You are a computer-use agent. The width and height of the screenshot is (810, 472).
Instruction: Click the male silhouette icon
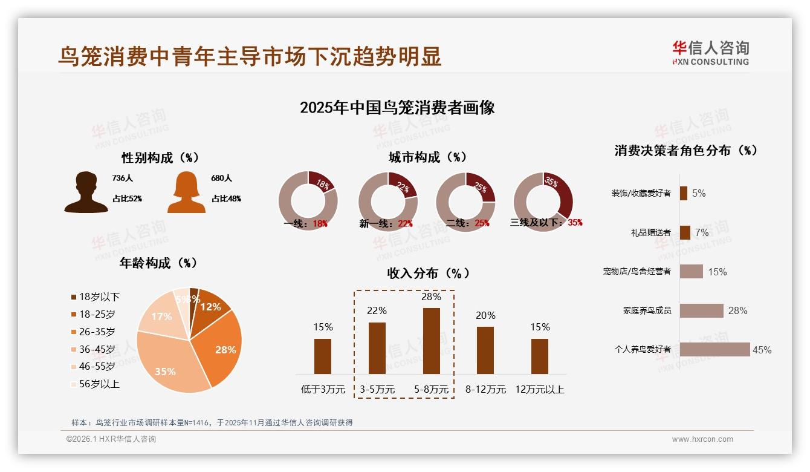click(86, 192)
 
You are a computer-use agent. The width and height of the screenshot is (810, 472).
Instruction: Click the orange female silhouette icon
click(186, 192)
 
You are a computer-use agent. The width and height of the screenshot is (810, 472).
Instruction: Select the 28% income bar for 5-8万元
click(431, 341)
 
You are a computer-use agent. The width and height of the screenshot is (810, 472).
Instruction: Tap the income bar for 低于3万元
click(323, 356)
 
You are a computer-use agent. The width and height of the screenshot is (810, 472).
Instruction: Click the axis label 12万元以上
click(539, 390)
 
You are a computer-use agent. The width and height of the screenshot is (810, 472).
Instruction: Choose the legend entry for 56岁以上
click(95, 384)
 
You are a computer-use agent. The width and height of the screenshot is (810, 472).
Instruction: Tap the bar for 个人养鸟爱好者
click(714, 349)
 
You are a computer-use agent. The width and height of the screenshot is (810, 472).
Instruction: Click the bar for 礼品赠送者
click(685, 232)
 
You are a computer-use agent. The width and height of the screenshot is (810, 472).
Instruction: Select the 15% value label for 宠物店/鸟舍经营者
click(717, 272)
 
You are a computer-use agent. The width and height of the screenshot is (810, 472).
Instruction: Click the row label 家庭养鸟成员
click(646, 310)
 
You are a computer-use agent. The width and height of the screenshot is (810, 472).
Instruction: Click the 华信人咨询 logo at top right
click(710, 53)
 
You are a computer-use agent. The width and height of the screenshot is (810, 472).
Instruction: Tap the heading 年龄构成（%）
click(158, 263)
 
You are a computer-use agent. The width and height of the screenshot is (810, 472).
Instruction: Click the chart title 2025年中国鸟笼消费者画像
click(397, 108)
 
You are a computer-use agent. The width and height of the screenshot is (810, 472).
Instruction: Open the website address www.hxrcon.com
click(702, 439)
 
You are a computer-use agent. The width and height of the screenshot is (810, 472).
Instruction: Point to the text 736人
click(122, 179)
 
